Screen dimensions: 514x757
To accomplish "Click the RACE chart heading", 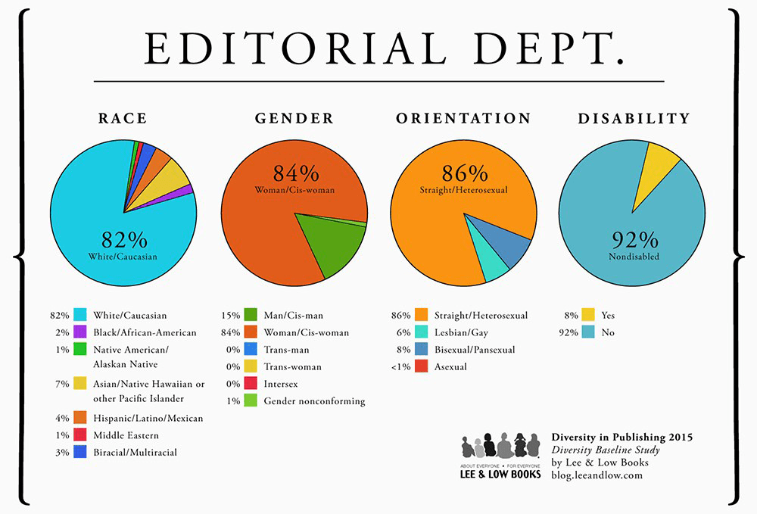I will pos(123,119).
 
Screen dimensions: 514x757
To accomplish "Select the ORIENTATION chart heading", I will pos(463,119).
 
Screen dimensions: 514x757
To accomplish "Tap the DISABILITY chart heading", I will pos(634,119).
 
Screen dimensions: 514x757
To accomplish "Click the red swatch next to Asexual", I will pos(420,366).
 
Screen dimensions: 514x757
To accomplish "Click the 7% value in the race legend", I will pos(62,384).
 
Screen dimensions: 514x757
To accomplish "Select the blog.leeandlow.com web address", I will pos(597,475).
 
